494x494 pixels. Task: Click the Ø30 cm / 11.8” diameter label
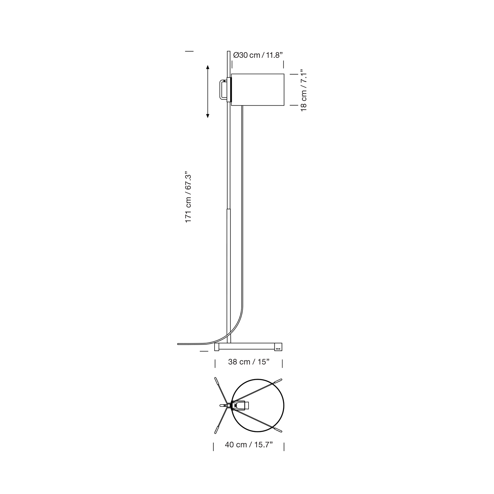pyautogui.click(x=258, y=55)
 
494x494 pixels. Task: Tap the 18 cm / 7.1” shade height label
pyautogui.click(x=304, y=90)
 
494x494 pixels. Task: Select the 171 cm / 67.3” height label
pyautogui.click(x=188, y=197)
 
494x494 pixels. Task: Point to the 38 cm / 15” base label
pyautogui.click(x=249, y=362)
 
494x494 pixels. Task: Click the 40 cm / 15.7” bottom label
pyautogui.click(x=249, y=445)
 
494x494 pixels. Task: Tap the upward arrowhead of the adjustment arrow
pyautogui.click(x=208, y=67)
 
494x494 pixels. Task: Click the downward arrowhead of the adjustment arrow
pyautogui.click(x=208, y=116)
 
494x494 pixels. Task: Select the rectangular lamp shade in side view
pyautogui.click(x=257, y=90)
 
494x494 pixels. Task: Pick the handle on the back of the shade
pyautogui.click(x=223, y=90)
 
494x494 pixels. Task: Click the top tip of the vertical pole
pyautogui.click(x=229, y=52)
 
